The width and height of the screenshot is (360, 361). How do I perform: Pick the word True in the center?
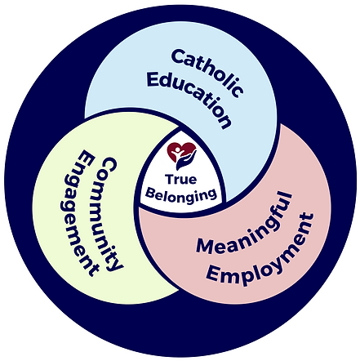pos(180,180)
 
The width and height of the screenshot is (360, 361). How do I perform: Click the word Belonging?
pos(181,196)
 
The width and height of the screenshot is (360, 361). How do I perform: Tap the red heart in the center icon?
pos(181,151)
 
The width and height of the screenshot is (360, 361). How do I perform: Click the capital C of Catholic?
pos(178,57)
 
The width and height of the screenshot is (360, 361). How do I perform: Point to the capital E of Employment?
pos(214,275)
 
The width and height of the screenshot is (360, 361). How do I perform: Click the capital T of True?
pos(169,180)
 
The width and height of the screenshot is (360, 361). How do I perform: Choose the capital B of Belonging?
pos(150,194)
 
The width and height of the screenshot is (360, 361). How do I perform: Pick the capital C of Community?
pos(109,164)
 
